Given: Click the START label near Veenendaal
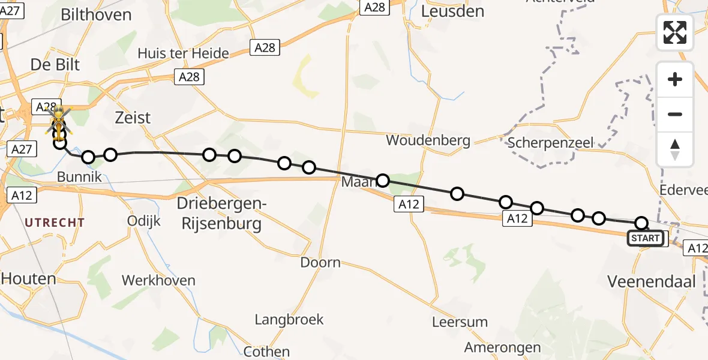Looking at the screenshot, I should tap(646, 238).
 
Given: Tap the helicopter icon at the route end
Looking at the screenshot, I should tap(59, 120).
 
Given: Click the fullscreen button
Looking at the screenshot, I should tap(675, 32).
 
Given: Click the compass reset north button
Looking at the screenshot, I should tap(675, 149).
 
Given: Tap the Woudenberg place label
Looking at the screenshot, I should tap(428, 140).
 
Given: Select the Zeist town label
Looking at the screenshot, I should tap(133, 117).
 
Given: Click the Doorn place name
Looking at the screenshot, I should tap(320, 262).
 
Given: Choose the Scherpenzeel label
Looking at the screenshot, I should tap(550, 142).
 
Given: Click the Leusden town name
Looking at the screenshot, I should tap(452, 11).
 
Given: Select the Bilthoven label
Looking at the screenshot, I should tap(95, 14).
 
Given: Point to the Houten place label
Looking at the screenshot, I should tap(28, 278).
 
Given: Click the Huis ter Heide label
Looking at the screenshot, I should tap(183, 53).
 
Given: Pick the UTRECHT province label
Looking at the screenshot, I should tap(55, 223).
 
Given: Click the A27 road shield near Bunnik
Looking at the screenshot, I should tap(21, 149).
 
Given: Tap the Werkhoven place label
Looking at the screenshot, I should tap(158, 280).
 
